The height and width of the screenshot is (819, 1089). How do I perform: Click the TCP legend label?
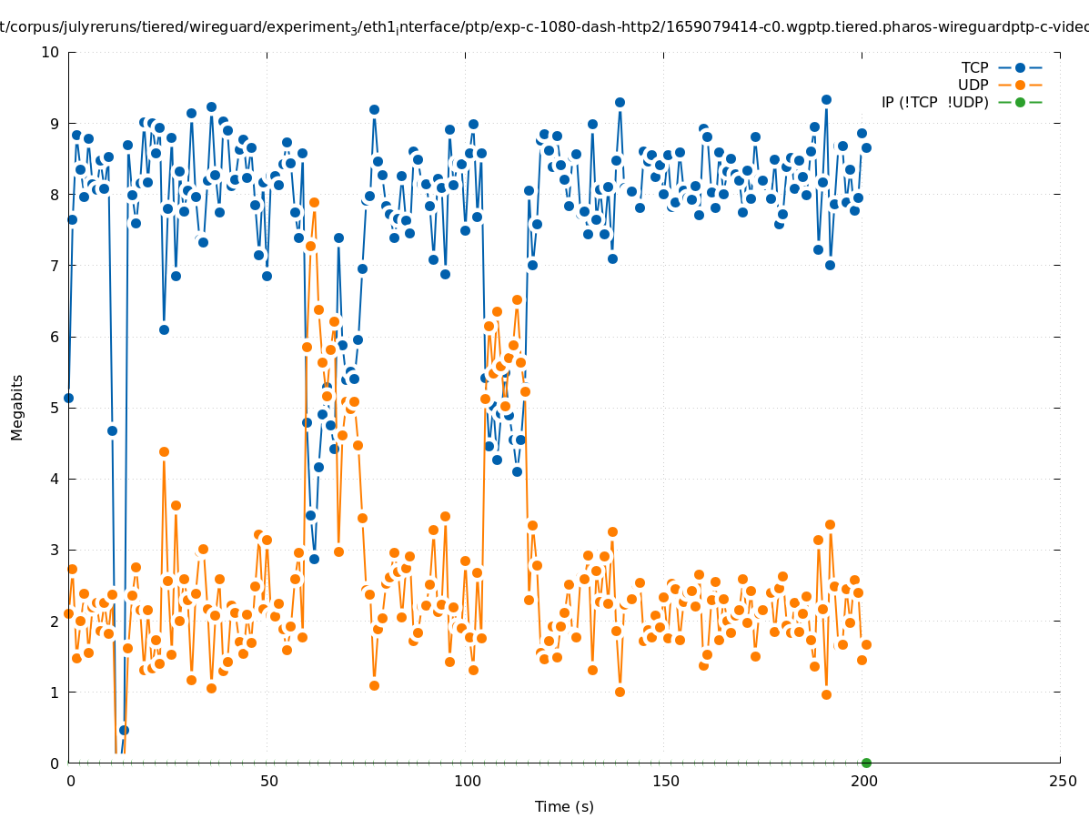coord(974,67)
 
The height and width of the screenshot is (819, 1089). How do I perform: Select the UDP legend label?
coord(973,85)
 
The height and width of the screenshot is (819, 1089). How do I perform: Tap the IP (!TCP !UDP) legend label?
coord(934,102)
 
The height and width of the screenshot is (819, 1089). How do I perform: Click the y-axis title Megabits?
coord(17,407)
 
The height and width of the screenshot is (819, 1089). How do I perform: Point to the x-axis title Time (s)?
coord(564,806)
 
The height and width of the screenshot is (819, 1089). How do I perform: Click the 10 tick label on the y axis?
coord(51,52)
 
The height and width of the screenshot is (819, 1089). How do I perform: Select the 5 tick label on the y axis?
coord(55,408)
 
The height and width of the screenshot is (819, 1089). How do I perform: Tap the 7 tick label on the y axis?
coord(55,266)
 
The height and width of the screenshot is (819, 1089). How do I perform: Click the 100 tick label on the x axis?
coord(467,781)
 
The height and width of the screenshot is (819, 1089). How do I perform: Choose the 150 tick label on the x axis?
coord(665,781)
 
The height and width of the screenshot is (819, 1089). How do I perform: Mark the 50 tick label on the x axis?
coord(268,781)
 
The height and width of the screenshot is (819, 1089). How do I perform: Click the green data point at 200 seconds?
coord(866,763)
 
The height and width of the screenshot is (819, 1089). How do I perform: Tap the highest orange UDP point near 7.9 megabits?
coord(314,202)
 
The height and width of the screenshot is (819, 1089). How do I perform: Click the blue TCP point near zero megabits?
coord(124,730)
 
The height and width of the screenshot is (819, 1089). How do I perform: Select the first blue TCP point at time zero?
coord(68,398)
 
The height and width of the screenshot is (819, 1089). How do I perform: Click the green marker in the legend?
coord(1020,102)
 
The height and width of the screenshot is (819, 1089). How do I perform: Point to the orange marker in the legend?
coord(1020,85)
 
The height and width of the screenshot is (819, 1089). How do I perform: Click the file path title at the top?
coord(544,27)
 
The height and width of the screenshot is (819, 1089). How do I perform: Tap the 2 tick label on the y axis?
coord(55,621)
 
